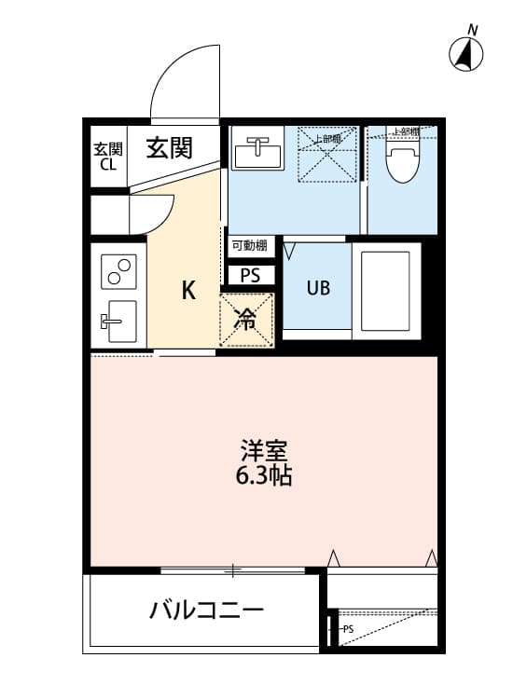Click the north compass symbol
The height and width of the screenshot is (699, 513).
pos(467,54)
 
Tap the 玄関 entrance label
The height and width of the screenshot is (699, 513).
pos(169,147)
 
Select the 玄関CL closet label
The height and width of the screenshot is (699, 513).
pos(107,157)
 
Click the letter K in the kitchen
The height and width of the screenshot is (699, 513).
pos(188,291)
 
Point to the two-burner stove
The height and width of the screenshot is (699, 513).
pos(119,268)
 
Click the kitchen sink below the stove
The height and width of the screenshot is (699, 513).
pos(118,322)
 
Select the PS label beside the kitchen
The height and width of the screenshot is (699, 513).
pos(251,276)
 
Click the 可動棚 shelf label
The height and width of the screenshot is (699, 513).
pos(250,246)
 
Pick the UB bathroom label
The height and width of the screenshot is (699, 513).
pos(318,287)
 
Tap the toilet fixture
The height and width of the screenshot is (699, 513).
pos(403,164)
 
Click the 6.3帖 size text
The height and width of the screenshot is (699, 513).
pos(264,476)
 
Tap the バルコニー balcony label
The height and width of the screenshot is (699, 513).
pos(208,611)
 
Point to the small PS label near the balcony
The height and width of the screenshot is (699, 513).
pos(347,629)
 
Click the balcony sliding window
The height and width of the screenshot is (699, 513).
pos(233,569)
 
